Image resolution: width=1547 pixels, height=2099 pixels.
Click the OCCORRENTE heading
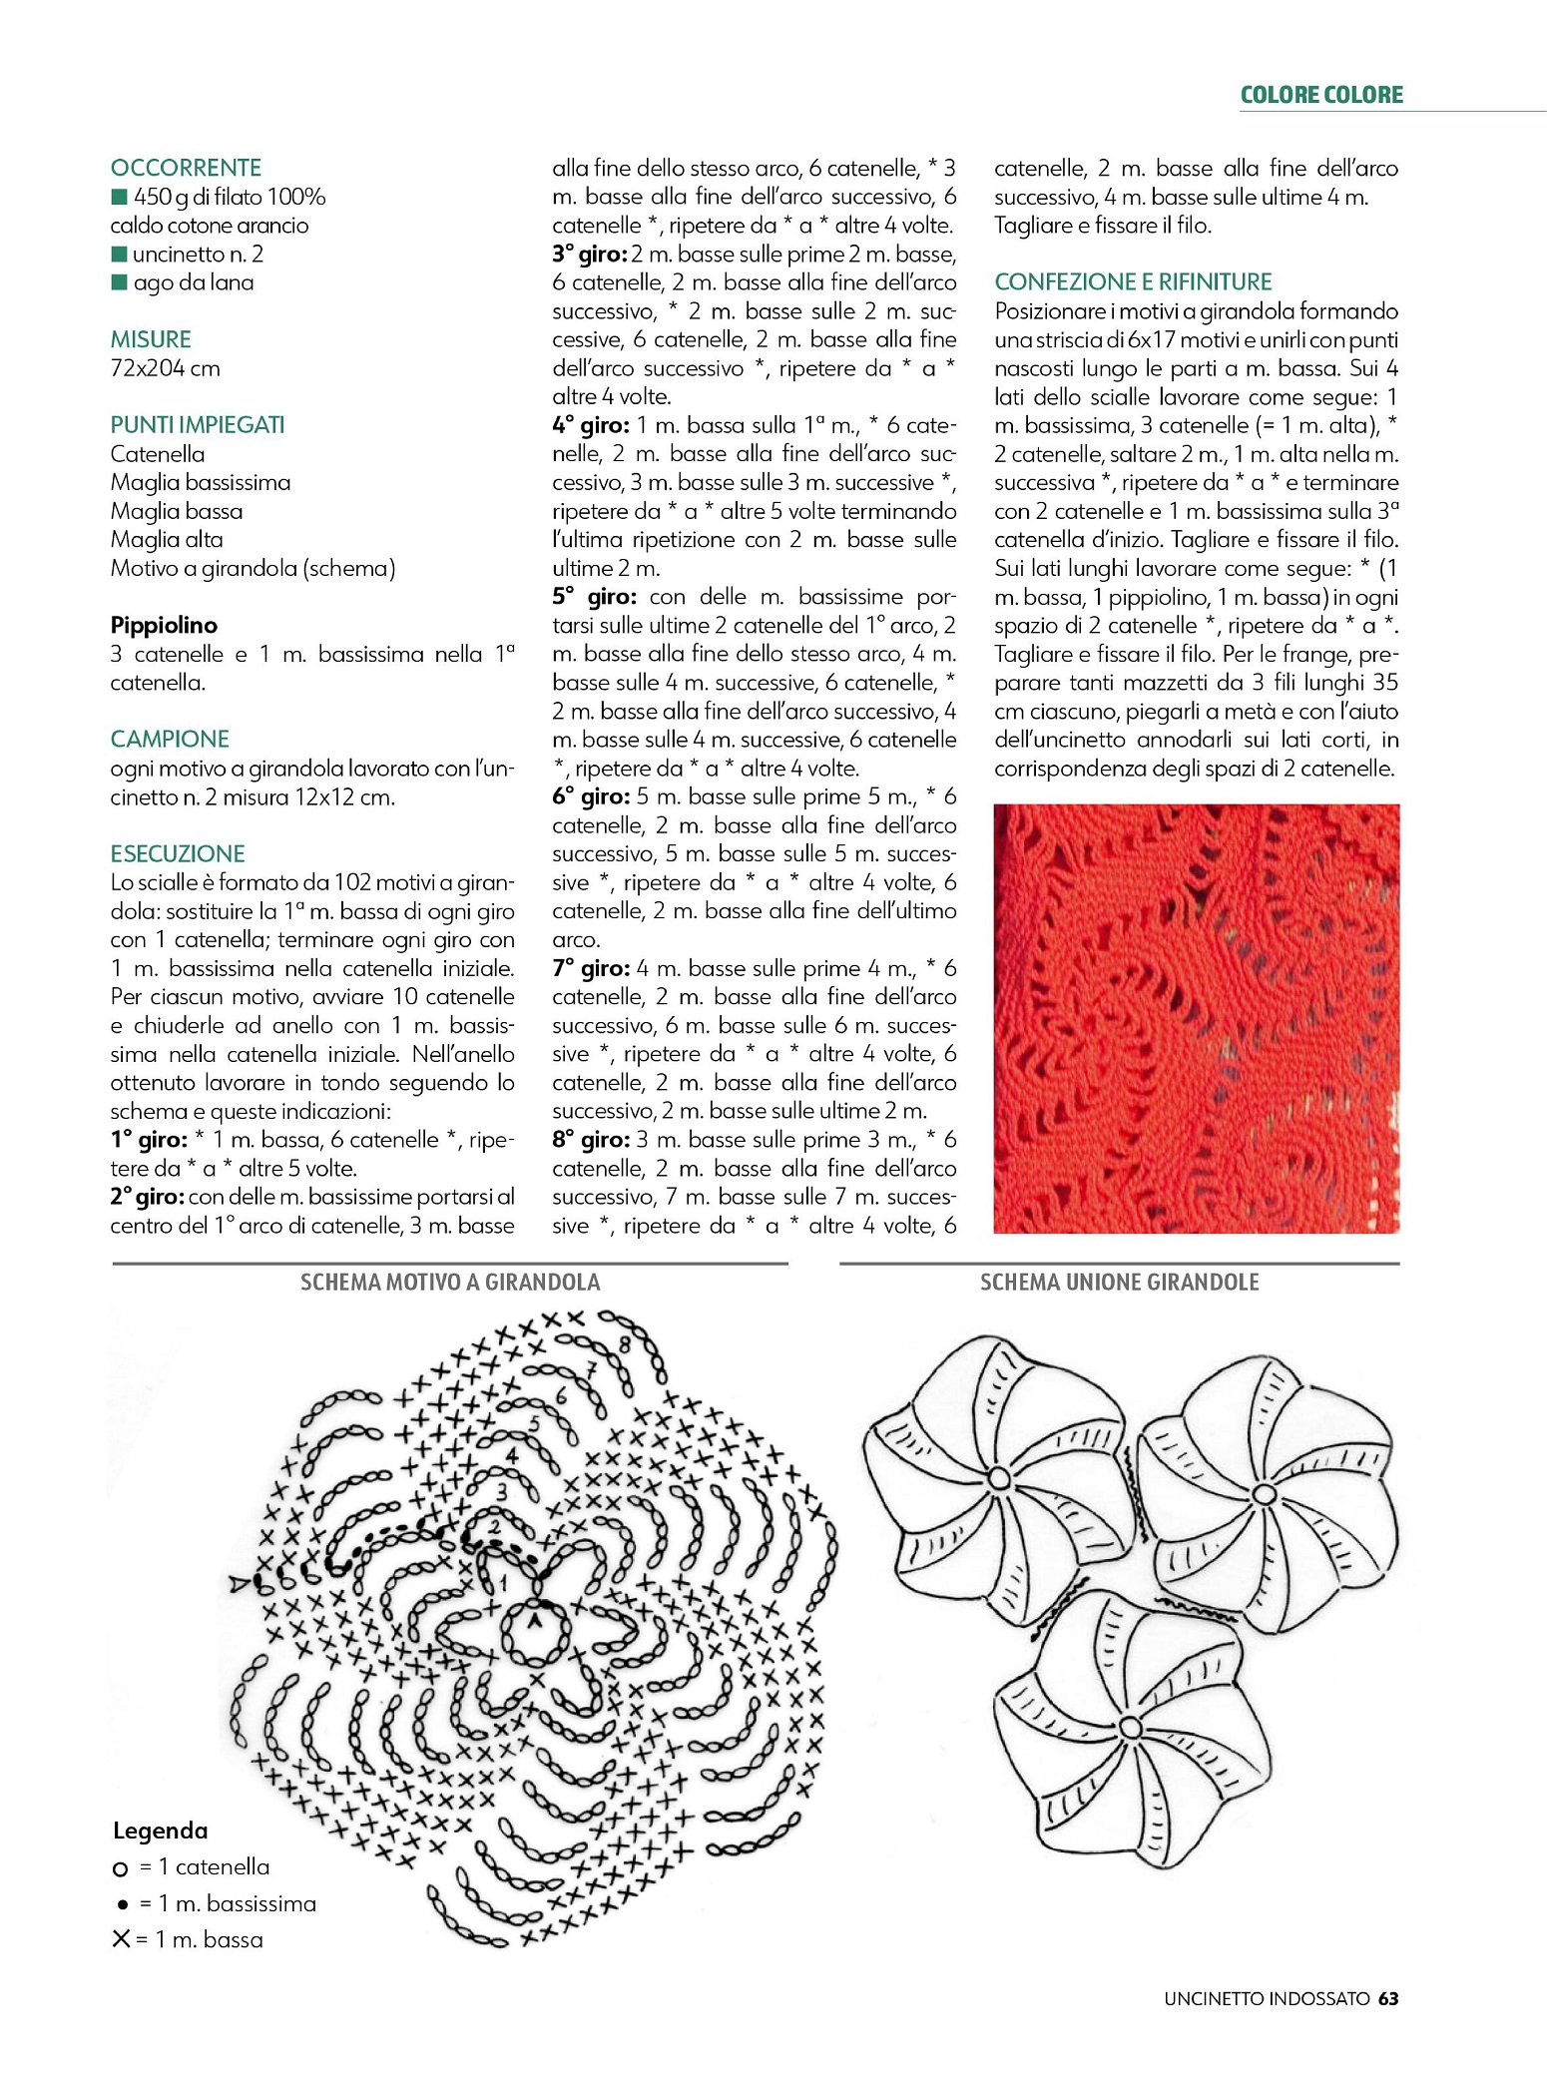[186, 168]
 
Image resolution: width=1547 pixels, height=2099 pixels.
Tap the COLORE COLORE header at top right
[1320, 95]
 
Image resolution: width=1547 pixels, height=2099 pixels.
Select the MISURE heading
[151, 339]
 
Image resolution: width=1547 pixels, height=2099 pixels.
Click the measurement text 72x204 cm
[165, 368]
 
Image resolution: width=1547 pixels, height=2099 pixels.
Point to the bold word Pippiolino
[164, 626]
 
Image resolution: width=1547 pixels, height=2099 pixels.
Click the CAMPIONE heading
[170, 740]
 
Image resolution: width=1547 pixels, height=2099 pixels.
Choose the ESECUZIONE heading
[178, 854]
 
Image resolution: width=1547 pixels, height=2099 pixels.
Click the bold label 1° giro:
[149, 1140]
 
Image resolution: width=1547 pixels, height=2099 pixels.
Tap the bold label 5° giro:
[594, 598]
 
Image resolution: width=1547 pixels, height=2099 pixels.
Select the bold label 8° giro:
[591, 1140]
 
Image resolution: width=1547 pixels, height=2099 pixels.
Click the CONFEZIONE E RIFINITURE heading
[1133, 282]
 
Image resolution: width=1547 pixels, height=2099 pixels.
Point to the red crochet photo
[1196, 1018]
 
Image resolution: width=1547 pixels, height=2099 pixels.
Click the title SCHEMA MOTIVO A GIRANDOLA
[450, 1283]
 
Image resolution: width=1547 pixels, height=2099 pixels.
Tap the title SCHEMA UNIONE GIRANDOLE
[1119, 1283]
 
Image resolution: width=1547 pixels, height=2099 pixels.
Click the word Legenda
[161, 1831]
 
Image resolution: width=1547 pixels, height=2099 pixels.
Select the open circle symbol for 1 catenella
[121, 1868]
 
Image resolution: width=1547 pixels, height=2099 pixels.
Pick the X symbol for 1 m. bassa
[121, 1939]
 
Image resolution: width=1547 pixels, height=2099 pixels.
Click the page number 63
[1388, 1998]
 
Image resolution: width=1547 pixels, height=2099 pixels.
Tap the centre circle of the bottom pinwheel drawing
[1130, 1727]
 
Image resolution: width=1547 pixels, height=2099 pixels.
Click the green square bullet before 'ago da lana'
[120, 282]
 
